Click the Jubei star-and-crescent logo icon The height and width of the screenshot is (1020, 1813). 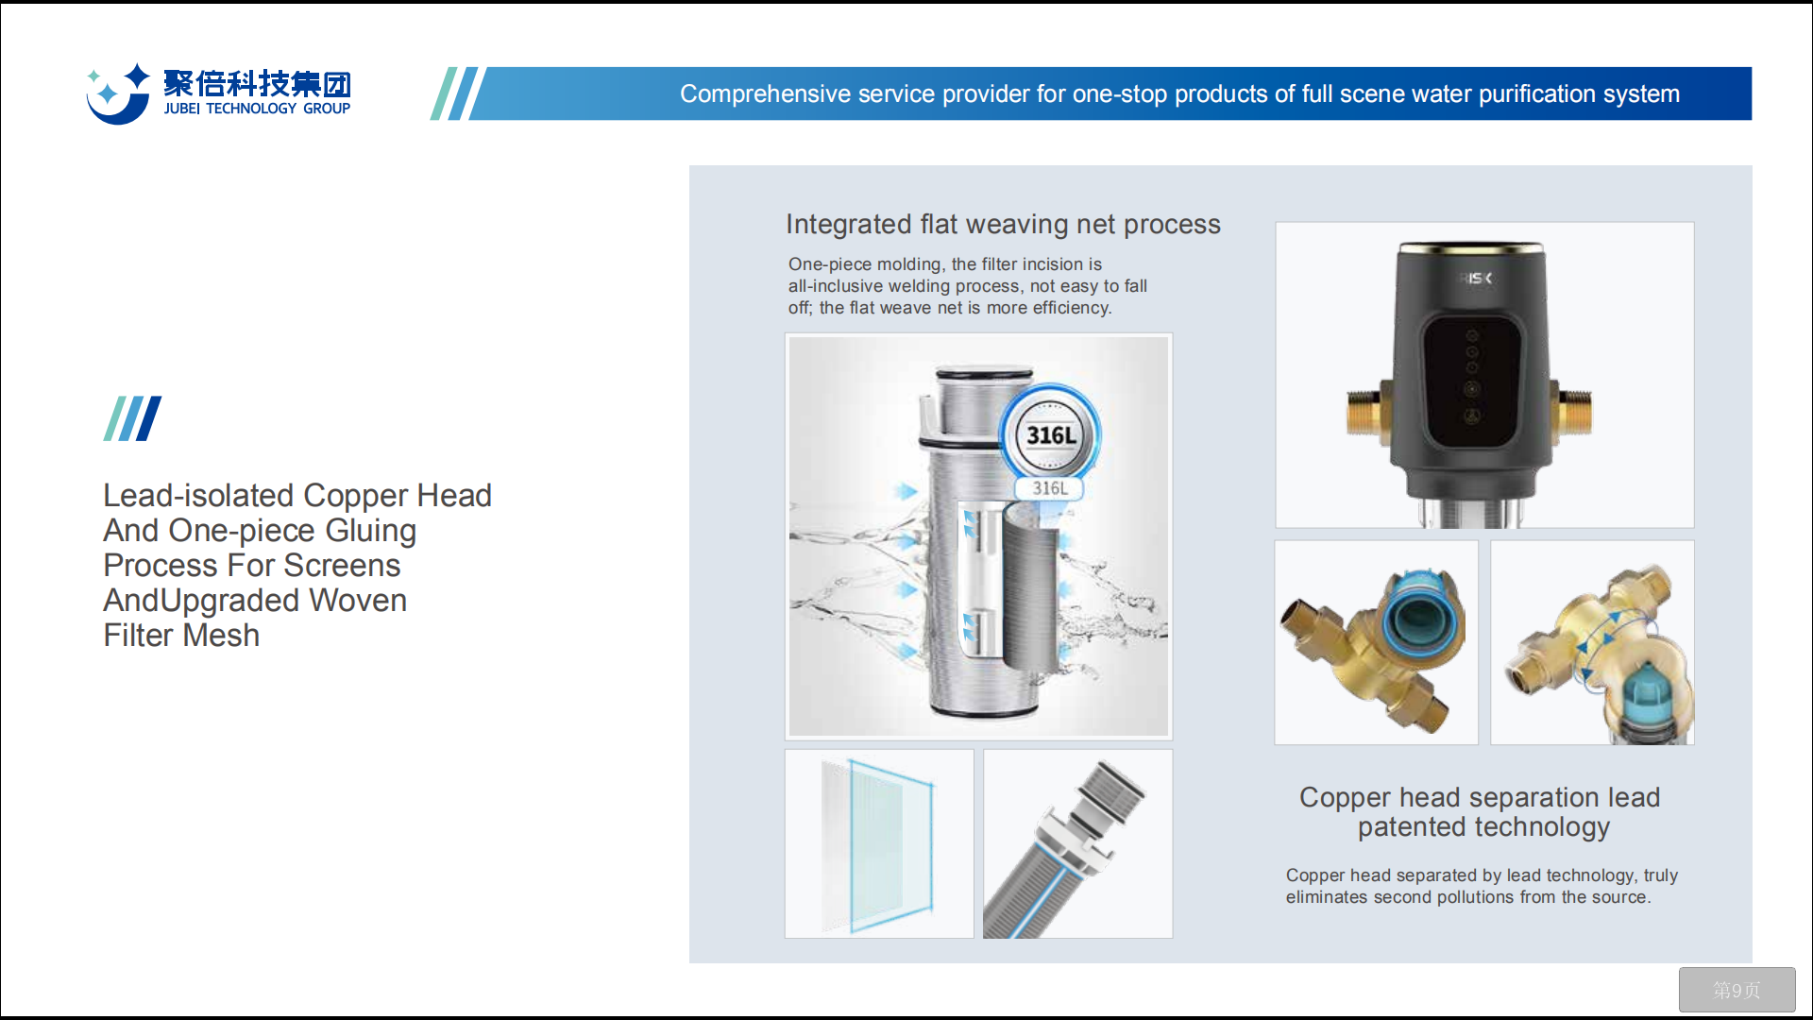click(118, 94)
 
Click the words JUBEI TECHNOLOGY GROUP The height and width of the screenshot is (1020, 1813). click(257, 109)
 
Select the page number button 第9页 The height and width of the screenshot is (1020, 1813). click(1737, 990)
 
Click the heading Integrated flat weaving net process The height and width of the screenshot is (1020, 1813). click(1003, 225)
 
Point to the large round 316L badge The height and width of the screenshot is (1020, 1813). click(1050, 434)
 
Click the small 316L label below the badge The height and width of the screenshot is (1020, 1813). click(1049, 488)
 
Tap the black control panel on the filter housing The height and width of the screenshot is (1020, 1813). click(1472, 380)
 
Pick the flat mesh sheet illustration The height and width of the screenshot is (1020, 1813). click(878, 844)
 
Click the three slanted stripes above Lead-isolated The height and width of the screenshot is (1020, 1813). click(132, 418)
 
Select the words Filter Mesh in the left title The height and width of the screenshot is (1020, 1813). click(181, 636)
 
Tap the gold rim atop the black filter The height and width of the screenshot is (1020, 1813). click(1472, 248)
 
